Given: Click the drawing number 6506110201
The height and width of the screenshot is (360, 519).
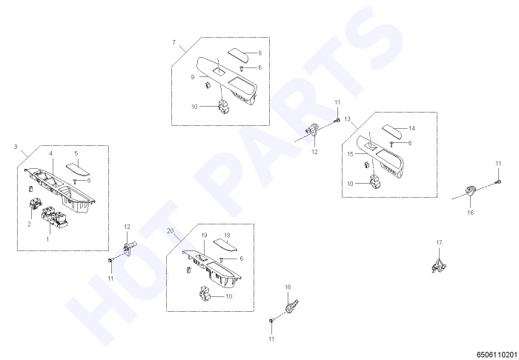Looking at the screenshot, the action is point(497,355).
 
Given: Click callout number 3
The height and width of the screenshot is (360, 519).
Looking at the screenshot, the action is point(16,147).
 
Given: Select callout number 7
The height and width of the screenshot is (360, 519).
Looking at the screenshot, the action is point(173,42).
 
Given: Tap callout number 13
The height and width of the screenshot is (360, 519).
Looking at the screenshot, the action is point(347,119).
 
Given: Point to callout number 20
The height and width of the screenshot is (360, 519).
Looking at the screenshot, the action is point(170,231).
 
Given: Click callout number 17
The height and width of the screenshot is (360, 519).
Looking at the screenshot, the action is point(439,243).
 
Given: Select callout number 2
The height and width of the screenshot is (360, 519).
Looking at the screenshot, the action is point(29,224).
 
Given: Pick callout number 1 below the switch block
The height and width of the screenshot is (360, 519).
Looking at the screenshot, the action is point(47,239).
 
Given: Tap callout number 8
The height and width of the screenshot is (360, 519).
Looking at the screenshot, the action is point(259,53).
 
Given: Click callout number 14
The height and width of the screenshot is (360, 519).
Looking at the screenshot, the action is point(411,128).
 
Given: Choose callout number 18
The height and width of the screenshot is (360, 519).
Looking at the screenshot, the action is point(227,236).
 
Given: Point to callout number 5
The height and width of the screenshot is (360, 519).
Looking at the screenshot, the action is point(76,153).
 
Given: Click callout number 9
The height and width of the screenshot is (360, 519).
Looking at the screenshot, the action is point(193,77).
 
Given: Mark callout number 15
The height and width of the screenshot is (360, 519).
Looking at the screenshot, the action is point(350,154).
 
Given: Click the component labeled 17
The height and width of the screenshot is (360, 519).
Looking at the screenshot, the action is point(439,265).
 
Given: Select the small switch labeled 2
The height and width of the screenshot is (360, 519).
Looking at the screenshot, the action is point(34,204).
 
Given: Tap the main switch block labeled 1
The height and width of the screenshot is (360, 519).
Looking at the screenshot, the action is point(55,217).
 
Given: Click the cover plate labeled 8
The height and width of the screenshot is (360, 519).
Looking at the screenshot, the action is point(238,56).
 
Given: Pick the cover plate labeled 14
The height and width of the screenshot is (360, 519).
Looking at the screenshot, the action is point(392,131).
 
